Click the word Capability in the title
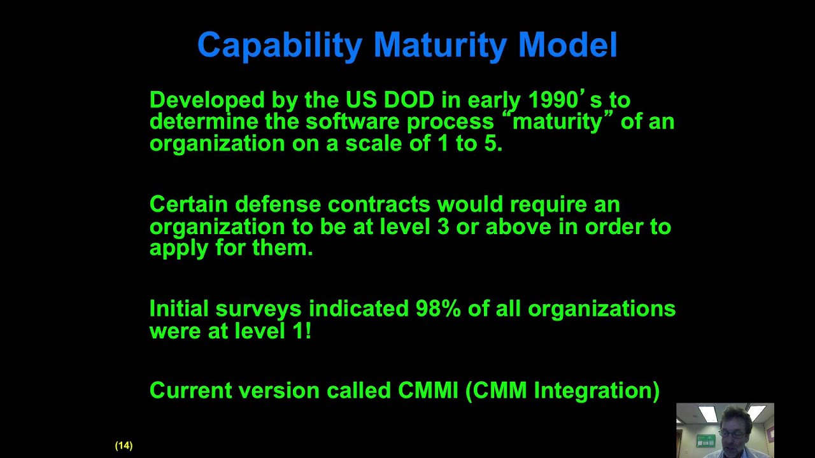280,45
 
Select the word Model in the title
568,45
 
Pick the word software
352,121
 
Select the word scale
374,143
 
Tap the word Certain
188,204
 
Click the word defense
278,204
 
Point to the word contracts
379,204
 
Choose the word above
518,226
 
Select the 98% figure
438,309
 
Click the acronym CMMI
428,391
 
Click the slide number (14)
124,446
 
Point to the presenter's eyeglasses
732,434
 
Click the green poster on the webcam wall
705,441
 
